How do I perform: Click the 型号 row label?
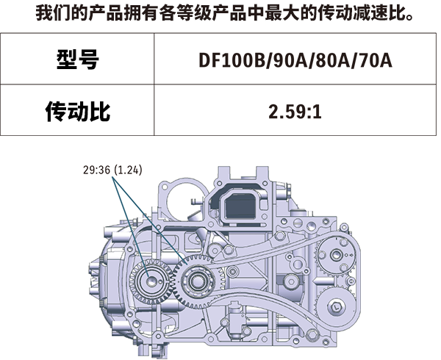tap(78, 59)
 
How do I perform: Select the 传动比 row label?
tap(78, 111)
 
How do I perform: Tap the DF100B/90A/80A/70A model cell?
tap(295, 60)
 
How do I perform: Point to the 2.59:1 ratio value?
tap(295, 112)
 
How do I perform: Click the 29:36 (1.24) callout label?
tap(112, 170)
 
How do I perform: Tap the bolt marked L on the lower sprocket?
tap(337, 307)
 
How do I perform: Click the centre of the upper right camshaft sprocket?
tap(336, 255)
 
